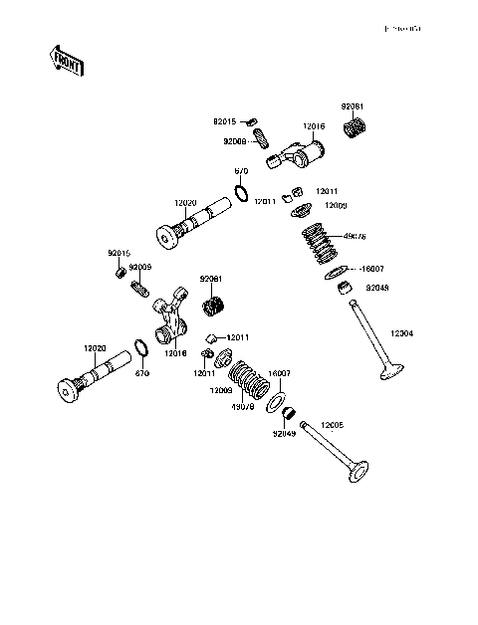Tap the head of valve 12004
[389, 375]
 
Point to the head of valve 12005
[355, 471]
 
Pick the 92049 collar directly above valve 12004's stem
[346, 290]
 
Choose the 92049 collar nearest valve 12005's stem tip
[287, 413]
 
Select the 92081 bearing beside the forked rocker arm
[214, 308]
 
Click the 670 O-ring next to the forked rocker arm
[142, 349]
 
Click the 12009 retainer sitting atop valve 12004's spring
[302, 208]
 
